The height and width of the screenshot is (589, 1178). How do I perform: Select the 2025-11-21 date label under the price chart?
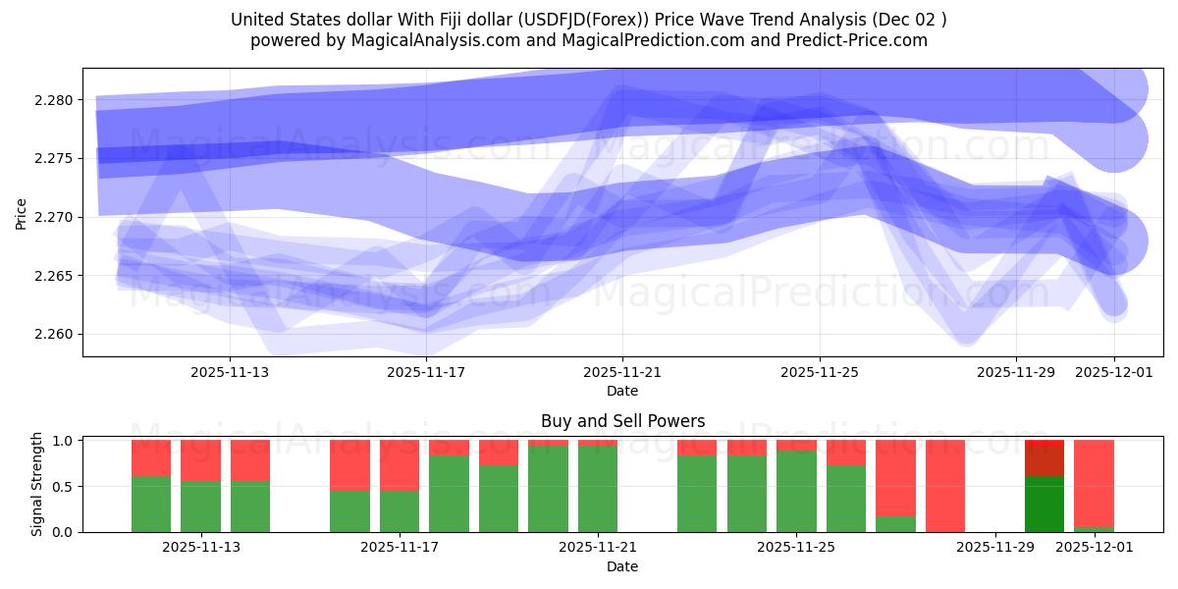622,373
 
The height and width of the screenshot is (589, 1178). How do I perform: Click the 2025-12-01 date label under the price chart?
1113,373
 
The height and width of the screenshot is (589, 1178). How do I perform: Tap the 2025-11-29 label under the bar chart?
995,548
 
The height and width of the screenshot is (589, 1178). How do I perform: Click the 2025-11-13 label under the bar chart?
201,548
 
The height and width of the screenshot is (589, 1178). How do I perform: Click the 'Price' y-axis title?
22,212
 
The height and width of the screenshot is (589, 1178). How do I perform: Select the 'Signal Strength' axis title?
37,484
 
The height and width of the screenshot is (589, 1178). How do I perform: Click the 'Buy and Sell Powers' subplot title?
622,421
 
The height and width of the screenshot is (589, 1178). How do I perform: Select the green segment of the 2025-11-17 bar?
400,510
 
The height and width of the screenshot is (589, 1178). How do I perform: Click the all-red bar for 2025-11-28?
945,486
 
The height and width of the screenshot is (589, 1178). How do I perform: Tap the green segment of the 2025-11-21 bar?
598,489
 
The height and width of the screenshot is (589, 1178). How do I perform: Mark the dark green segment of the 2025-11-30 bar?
1044,504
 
